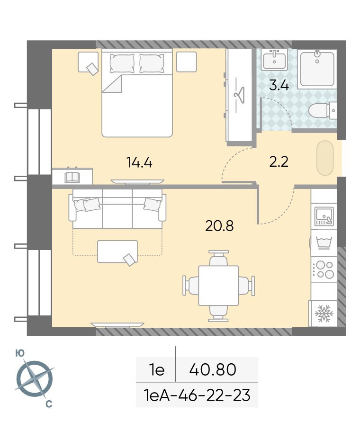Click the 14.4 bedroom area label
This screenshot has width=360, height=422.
[139, 162]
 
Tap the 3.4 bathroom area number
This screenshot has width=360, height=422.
[279, 85]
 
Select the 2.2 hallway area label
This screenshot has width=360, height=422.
[279, 162]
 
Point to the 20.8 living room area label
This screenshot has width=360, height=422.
[219, 226]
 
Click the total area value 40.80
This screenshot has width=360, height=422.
[213, 369]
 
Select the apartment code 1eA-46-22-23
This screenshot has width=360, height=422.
[197, 395]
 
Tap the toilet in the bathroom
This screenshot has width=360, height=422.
[322, 110]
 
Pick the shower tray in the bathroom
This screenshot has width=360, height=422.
[317, 69]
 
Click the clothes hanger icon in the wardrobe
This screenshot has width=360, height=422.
[239, 95]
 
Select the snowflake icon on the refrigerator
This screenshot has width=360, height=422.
[324, 314]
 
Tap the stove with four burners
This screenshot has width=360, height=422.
[324, 269]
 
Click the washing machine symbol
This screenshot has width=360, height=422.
[324, 243]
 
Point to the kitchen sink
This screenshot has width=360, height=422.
[324, 216]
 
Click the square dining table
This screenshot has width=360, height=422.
[218, 286]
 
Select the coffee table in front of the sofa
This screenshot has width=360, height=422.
[117, 251]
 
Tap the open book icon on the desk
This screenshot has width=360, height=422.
[72, 177]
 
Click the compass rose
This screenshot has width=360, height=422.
[35, 379]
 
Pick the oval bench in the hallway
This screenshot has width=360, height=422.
[325, 158]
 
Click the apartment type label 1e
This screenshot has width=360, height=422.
[157, 369]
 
